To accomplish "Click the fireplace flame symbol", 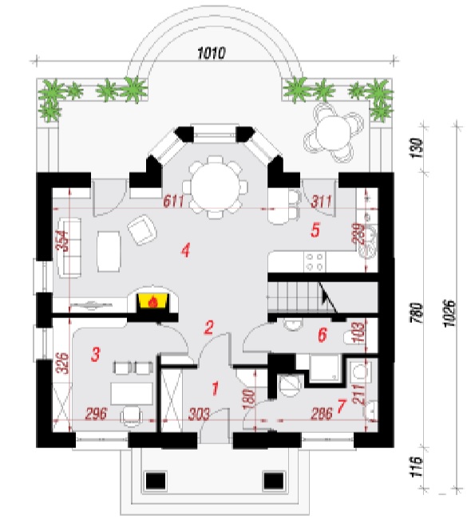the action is pyautogui.click(x=153, y=301).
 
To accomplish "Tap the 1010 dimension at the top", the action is pyautogui.click(x=212, y=53).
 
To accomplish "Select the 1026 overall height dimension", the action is pyautogui.click(x=449, y=313).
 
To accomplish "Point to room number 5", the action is pyautogui.click(x=315, y=230).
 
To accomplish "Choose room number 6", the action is pyautogui.click(x=322, y=335).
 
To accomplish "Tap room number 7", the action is pyautogui.click(x=342, y=406).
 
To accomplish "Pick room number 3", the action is pyautogui.click(x=96, y=355).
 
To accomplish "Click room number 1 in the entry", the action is pyautogui.click(x=215, y=388).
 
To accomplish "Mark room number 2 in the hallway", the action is pyautogui.click(x=209, y=327).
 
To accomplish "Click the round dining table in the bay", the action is pyautogui.click(x=215, y=187).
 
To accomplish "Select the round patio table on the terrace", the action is pyautogui.click(x=334, y=132).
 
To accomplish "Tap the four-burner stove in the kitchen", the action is pyautogui.click(x=315, y=262).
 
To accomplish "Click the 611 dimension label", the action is pyautogui.click(x=173, y=201).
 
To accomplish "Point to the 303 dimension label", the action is pyautogui.click(x=199, y=414).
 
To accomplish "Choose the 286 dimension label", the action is pyautogui.click(x=322, y=414).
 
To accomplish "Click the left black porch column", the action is pyautogui.click(x=156, y=482).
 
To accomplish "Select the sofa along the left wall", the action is pyautogui.click(x=69, y=247).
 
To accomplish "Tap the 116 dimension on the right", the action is pyautogui.click(x=417, y=467).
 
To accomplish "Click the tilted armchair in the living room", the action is pyautogui.click(x=142, y=230).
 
